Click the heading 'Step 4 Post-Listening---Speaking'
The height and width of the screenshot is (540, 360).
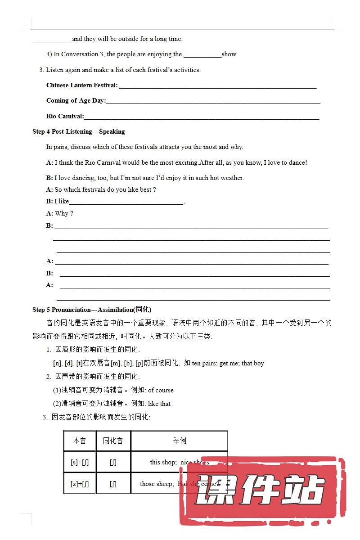(78, 132)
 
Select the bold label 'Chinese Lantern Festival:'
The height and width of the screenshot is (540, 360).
(82, 85)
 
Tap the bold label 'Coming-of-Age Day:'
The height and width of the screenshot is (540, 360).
(76, 101)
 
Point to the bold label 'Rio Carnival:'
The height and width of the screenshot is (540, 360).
(65, 117)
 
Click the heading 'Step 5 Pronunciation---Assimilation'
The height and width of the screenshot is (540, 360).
(92, 310)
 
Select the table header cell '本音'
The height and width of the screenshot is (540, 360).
(80, 441)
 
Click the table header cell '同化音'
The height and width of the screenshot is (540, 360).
(113, 441)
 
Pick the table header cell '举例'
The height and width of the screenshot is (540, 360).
(179, 441)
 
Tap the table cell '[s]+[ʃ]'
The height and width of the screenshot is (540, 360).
(80, 462)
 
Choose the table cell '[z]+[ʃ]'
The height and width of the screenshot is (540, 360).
(80, 484)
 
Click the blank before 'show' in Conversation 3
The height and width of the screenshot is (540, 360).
(202, 55)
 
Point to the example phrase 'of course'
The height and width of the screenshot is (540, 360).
(161, 391)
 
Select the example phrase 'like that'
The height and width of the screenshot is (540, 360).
(159, 404)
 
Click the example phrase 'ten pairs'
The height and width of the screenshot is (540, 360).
(204, 364)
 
